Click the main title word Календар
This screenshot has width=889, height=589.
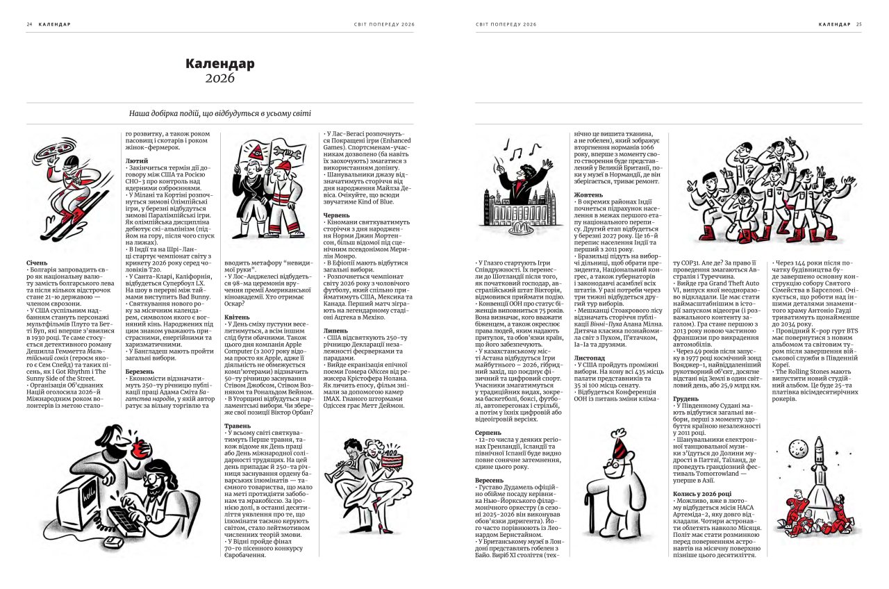pos(219,64)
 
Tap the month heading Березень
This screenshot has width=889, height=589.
pos(140,372)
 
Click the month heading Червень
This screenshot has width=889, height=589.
pos(336,216)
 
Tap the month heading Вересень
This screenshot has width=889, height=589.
pos(490,479)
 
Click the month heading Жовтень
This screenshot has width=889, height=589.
pos(588,195)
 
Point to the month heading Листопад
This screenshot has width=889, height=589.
pos(590,358)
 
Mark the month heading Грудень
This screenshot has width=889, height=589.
pos(686,399)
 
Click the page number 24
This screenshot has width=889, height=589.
pos(30,24)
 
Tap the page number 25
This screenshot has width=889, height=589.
pos(858,24)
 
